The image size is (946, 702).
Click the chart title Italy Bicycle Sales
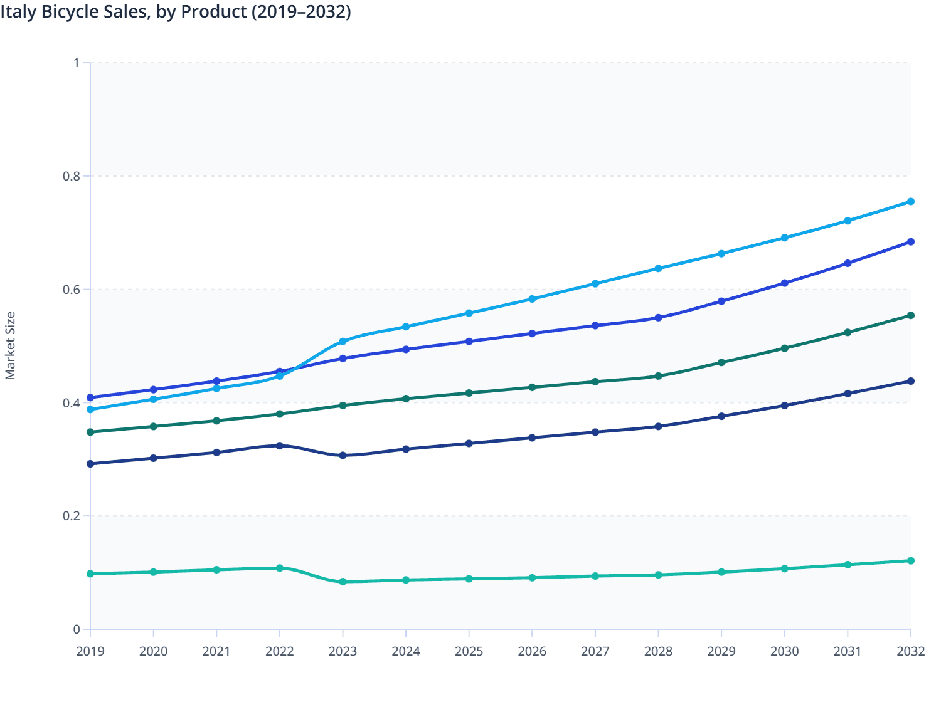tap(176, 12)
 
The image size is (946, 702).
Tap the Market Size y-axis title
tap(10, 346)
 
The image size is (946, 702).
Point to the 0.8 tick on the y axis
tap(72, 176)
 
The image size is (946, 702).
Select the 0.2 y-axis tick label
tap(72, 516)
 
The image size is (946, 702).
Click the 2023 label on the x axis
tap(343, 651)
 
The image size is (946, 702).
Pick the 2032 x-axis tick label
tap(910, 651)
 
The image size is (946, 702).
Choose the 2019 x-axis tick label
tap(90, 651)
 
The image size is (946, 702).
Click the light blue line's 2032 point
tap(911, 202)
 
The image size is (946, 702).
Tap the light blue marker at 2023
tap(343, 342)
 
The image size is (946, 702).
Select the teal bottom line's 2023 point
tap(343, 582)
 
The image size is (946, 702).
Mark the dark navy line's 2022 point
tap(280, 446)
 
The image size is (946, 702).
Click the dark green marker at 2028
tap(658, 376)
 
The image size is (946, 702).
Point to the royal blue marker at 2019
tap(90, 397)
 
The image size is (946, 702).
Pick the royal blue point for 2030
tap(785, 283)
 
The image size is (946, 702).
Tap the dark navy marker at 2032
tap(911, 381)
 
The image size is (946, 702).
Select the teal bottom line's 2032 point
tap(911, 561)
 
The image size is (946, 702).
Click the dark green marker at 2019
tap(90, 432)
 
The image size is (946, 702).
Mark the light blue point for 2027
tap(595, 284)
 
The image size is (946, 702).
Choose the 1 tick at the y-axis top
tap(77, 63)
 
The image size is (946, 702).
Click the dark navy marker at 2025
tap(469, 443)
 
